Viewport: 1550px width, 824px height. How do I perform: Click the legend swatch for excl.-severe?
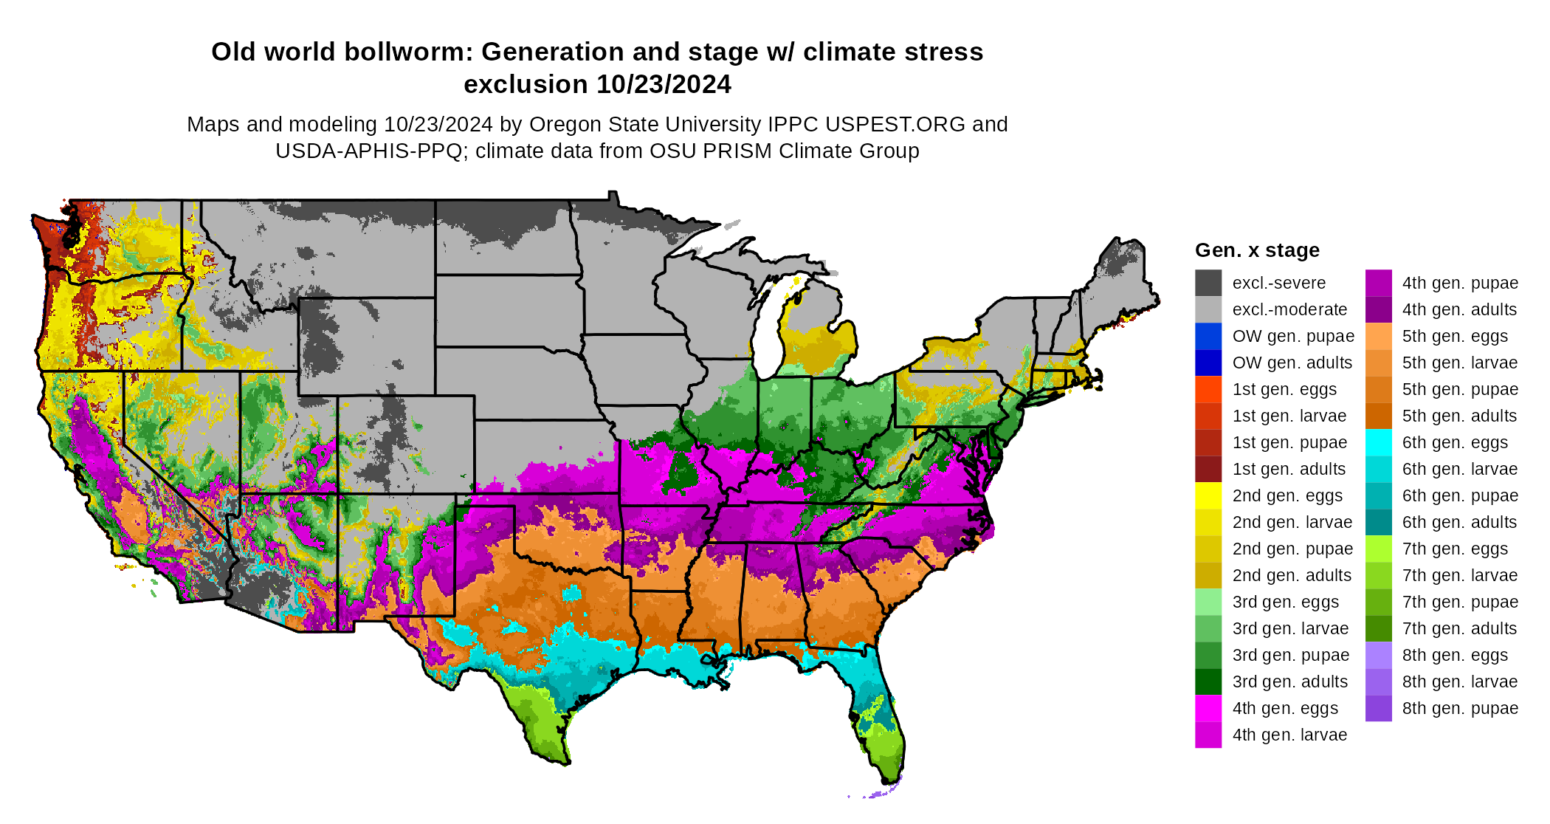click(x=1208, y=283)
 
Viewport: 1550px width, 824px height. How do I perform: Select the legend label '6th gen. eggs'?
click(x=1455, y=442)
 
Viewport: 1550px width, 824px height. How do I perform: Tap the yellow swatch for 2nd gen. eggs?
click(x=1208, y=495)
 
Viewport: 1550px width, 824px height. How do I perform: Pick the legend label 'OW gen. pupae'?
click(x=1293, y=336)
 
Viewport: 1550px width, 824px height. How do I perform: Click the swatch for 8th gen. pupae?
click(x=1378, y=708)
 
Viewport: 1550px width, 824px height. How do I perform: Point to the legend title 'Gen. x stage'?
click(x=1257, y=250)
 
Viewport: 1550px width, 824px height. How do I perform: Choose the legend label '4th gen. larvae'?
click(x=1289, y=735)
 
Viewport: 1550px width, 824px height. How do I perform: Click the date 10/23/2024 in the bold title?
click(x=664, y=84)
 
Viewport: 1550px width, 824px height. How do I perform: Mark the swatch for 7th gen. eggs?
click(x=1378, y=549)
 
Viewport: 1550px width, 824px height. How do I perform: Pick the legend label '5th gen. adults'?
click(x=1459, y=416)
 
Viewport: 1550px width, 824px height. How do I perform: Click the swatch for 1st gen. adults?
click(x=1208, y=469)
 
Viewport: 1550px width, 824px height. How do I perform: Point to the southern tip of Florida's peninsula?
click(x=886, y=781)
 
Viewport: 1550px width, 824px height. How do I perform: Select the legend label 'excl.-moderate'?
click(x=1289, y=309)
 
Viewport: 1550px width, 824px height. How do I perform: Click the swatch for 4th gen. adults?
click(x=1378, y=309)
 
